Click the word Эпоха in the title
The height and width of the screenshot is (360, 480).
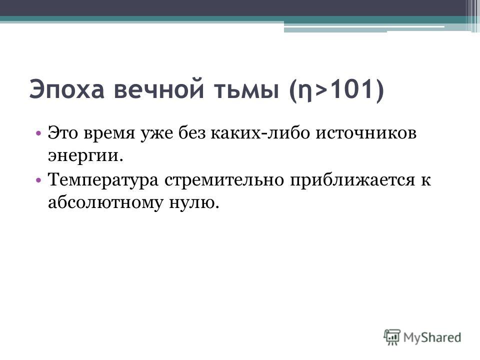pos(66,89)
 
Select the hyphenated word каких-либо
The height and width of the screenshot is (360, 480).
pos(260,132)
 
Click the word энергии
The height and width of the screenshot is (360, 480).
pos(85,157)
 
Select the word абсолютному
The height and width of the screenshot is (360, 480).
pos(105,202)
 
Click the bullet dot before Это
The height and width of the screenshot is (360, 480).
pos(38,133)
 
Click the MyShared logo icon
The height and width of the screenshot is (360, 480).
pos(392,337)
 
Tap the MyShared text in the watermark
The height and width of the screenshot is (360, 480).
pos(432,337)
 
